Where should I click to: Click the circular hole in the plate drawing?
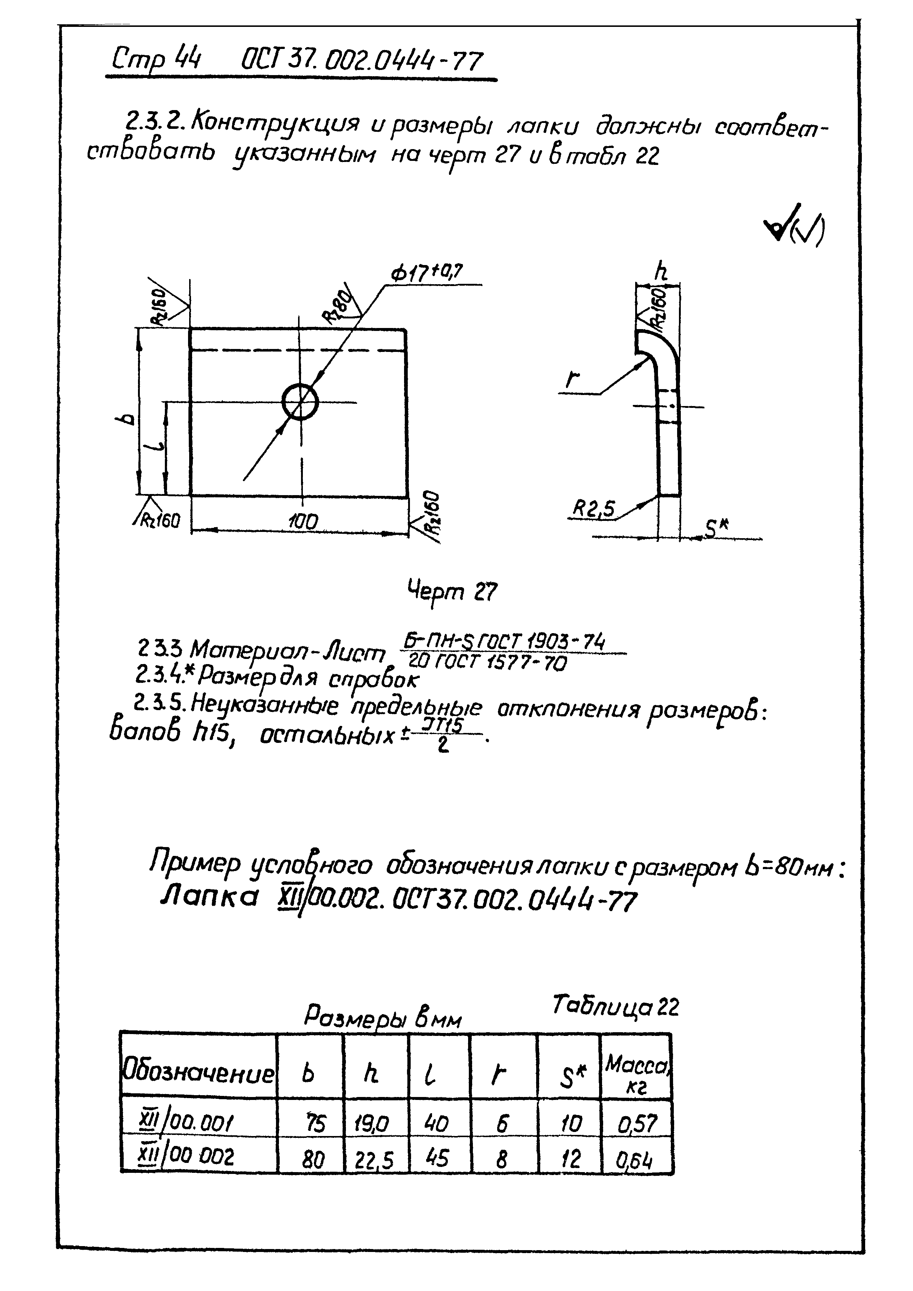(x=300, y=402)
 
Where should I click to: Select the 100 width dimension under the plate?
(x=303, y=523)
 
